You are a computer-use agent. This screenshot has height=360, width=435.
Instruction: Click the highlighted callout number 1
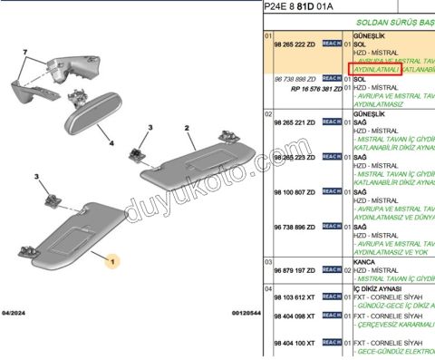coord(112,261)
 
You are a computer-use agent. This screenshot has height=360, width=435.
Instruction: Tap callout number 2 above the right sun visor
coord(187,129)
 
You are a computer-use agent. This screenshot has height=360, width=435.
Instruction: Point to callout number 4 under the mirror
coord(111,142)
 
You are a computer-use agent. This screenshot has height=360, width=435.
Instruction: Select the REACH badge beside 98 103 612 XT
coord(331,297)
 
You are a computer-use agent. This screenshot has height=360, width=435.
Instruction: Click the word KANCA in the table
coord(363,260)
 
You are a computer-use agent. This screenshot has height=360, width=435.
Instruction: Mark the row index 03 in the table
coord(267,260)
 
